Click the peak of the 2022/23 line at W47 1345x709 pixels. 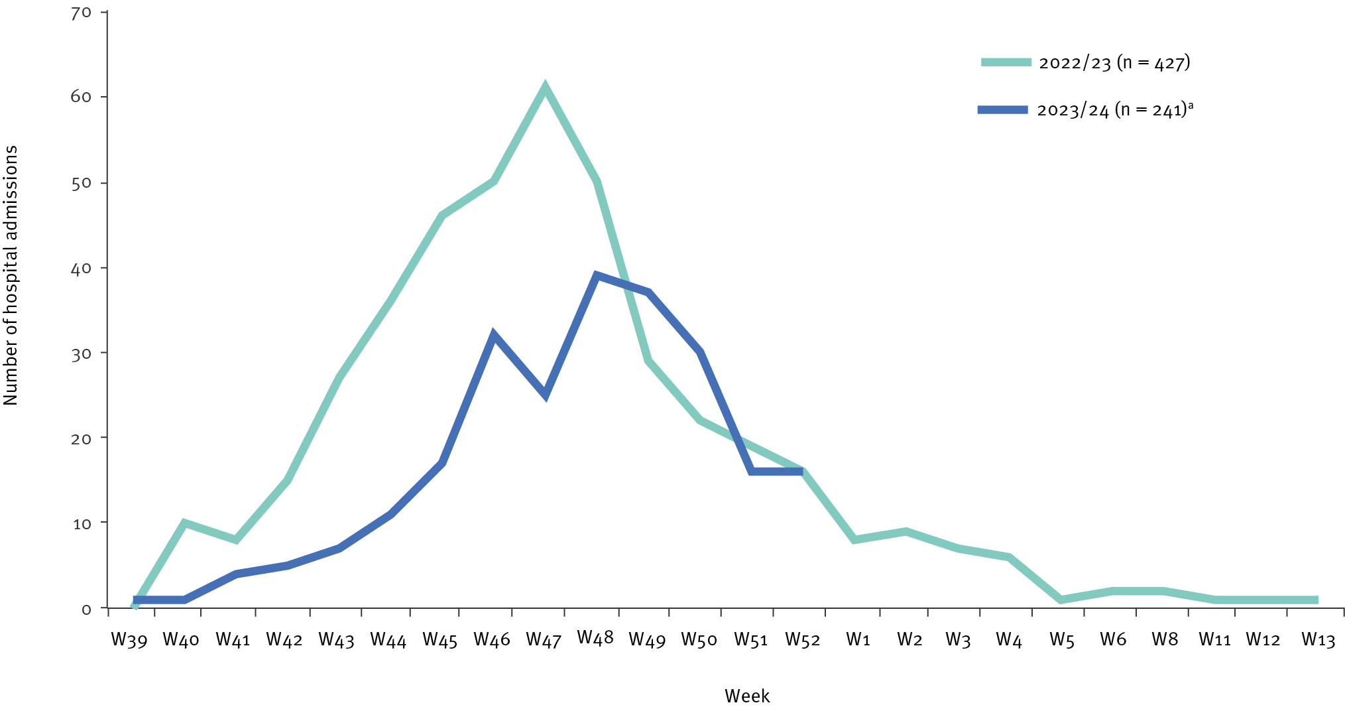click(x=545, y=88)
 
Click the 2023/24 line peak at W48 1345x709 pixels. click(x=597, y=276)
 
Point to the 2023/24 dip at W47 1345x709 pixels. click(x=545, y=395)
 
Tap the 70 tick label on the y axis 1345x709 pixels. click(x=81, y=13)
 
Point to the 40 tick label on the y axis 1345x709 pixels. click(x=81, y=268)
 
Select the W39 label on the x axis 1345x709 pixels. click(x=129, y=640)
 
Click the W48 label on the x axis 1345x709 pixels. click(x=595, y=638)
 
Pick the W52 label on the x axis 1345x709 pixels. click(x=803, y=640)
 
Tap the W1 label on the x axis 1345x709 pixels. click(x=858, y=640)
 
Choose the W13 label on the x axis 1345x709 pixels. click(x=1318, y=640)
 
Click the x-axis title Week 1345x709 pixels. click(x=747, y=696)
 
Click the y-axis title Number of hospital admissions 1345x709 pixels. click(x=11, y=275)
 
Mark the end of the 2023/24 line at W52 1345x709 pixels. click(x=802, y=472)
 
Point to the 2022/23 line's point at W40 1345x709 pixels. click(x=184, y=523)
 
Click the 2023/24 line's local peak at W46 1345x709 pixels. click(x=493, y=335)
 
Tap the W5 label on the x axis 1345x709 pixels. click(x=1061, y=640)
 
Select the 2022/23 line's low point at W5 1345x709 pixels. click(x=1061, y=600)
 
